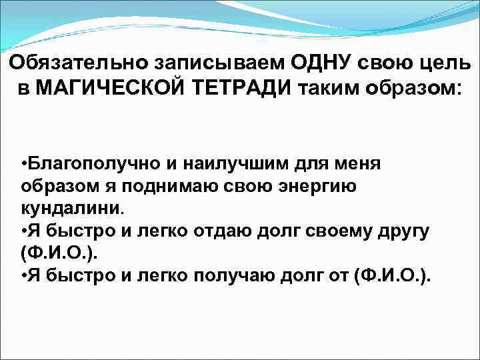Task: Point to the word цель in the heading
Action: pos(444,65)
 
